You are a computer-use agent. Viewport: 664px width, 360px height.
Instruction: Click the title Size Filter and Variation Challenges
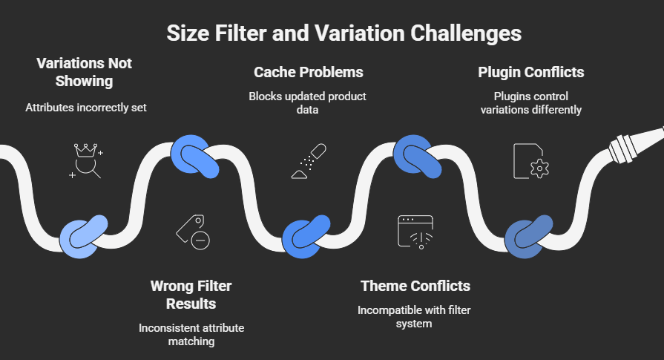pyautogui.click(x=343, y=33)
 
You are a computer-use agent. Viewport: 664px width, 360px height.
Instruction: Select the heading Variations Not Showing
pyautogui.click(x=85, y=72)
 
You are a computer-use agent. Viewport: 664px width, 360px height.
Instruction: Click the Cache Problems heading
pyautogui.click(x=308, y=72)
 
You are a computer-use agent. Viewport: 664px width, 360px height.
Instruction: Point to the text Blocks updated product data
pyautogui.click(x=308, y=103)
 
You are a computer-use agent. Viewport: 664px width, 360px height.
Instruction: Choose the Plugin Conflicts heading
pyautogui.click(x=530, y=72)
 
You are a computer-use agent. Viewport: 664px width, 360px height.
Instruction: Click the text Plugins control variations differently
pyautogui.click(x=530, y=103)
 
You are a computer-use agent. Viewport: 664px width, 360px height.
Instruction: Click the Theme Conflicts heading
pyautogui.click(x=415, y=286)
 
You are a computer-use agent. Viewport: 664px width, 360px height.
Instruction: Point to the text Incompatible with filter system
pyautogui.click(x=415, y=317)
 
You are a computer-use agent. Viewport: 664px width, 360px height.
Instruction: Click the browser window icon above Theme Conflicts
pyautogui.click(x=415, y=231)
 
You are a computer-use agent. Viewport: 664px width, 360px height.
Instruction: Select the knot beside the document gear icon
pyautogui.click(x=528, y=237)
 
